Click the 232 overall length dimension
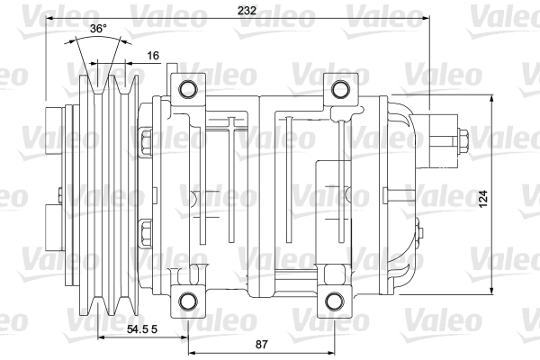tap(247, 10)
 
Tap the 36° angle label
tap(98, 29)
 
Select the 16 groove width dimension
tap(153, 56)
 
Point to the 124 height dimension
tap(483, 198)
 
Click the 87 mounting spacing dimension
tap(261, 344)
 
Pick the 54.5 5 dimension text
tap(142, 329)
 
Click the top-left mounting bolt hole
tap(188, 89)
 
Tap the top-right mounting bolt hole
tap(340, 89)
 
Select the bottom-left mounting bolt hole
tap(188, 301)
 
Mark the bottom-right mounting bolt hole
tap(334, 301)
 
